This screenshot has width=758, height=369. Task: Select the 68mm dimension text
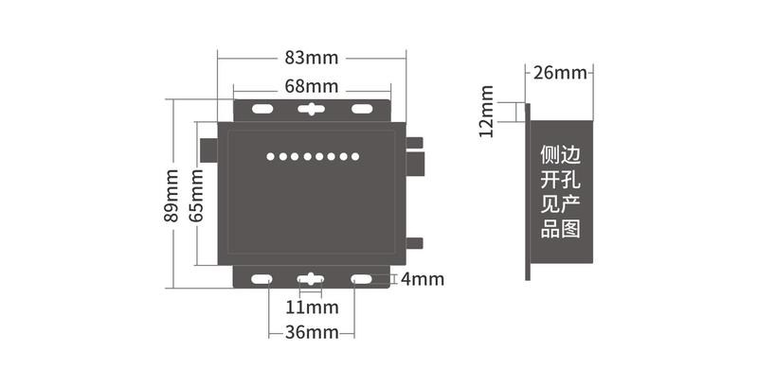pos(311,86)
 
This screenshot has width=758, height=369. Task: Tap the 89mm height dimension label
pos(171,195)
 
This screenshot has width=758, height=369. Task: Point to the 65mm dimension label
pos(196,194)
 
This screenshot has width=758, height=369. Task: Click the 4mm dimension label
pos(422,279)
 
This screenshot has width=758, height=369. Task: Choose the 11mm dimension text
pos(312,307)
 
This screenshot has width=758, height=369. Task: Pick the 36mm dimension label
pos(312,332)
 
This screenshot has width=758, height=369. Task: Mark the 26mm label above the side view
pos(559,73)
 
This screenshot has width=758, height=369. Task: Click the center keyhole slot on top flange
pos(311,109)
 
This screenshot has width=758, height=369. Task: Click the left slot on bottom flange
pos(261,280)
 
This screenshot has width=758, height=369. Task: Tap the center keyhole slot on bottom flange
pos(311,280)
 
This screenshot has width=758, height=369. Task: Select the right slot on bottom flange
pos(361,280)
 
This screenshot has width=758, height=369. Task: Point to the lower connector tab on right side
pos(414,241)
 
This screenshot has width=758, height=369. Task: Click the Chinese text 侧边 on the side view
pos(559,154)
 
